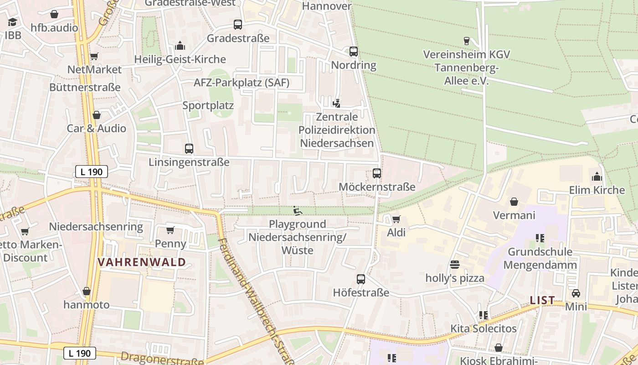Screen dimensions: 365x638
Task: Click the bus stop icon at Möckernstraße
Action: point(377,173)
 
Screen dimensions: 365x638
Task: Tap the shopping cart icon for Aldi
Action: point(396,219)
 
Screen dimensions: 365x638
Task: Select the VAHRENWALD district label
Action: point(142,262)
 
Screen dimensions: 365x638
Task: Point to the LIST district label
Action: point(542,300)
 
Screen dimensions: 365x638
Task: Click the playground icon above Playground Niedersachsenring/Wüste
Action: point(297,210)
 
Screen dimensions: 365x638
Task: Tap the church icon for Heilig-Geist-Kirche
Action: point(180,46)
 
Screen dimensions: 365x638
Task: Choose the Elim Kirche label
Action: point(597,190)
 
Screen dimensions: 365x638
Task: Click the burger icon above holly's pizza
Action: point(454,265)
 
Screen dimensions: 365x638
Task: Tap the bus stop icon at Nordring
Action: point(354,52)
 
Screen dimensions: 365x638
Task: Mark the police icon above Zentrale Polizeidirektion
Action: point(336,104)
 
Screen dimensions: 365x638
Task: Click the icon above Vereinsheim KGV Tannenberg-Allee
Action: point(466,41)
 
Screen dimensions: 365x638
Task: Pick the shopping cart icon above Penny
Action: point(170,230)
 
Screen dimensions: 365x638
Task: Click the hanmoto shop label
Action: point(87,304)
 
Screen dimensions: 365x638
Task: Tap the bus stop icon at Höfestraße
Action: point(361,279)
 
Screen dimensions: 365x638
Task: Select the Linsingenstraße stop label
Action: point(189,162)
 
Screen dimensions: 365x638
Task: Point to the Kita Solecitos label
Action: point(484,328)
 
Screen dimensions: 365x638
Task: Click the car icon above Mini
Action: point(576,293)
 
